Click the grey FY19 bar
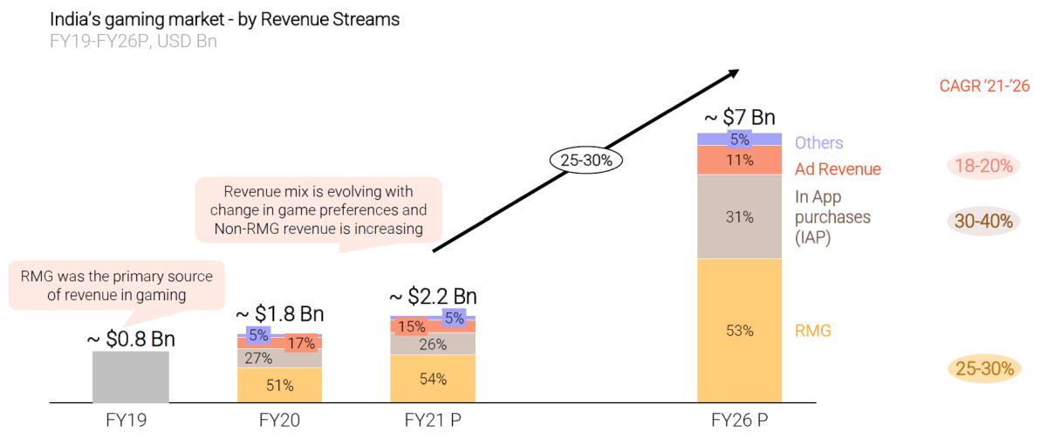[x=130, y=377]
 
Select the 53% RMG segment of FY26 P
[x=739, y=331]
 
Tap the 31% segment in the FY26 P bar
[x=739, y=217]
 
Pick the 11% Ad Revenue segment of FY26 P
[x=739, y=160]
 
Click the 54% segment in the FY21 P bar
[x=433, y=379]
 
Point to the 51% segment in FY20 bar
[x=279, y=385]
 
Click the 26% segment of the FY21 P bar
[x=433, y=344]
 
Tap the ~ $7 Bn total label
[x=739, y=118]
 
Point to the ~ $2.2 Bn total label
[x=433, y=296]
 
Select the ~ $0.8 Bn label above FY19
[x=131, y=339]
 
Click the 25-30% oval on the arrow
[x=586, y=161]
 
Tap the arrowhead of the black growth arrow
[x=733, y=74]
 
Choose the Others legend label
[x=818, y=142]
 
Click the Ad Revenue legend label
[x=838, y=169]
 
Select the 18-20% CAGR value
[x=983, y=166]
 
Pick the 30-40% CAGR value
[x=983, y=222]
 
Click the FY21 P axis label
[x=433, y=420]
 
